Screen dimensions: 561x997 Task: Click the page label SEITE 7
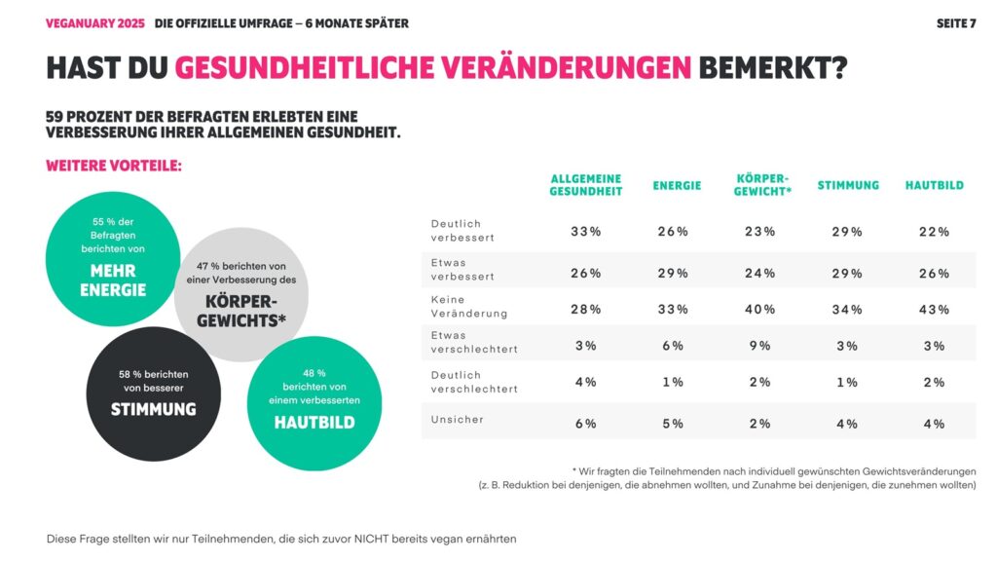955,23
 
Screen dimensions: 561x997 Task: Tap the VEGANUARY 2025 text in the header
94,23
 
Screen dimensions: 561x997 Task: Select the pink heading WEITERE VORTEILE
113,167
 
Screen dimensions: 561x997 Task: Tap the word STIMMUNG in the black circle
153,409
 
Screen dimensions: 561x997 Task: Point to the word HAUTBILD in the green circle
314,423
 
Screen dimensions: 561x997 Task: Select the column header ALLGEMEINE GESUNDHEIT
585,185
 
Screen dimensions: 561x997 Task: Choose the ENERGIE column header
677,185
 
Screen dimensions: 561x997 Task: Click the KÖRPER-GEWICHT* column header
762,185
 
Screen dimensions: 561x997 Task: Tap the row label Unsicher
458,420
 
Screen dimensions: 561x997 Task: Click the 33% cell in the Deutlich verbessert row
585,232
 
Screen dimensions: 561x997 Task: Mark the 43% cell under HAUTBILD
934,310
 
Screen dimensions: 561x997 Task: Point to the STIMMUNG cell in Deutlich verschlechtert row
847,383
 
